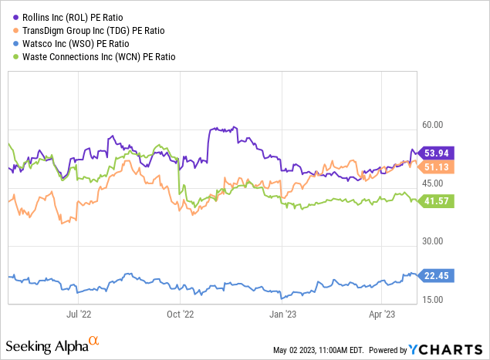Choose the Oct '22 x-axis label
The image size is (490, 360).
pyautogui.click(x=179, y=314)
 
